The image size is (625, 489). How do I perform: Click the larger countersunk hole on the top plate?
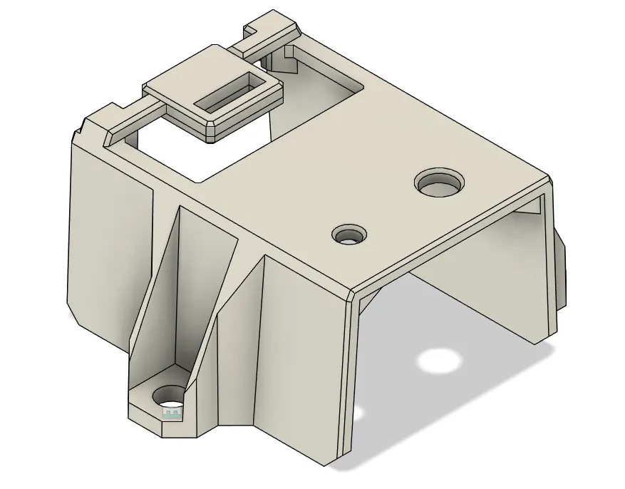(439, 184)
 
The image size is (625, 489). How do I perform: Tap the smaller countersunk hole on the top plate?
(350, 234)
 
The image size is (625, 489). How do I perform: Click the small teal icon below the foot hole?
(171, 413)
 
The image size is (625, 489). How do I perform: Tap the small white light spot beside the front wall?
(359, 413)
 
